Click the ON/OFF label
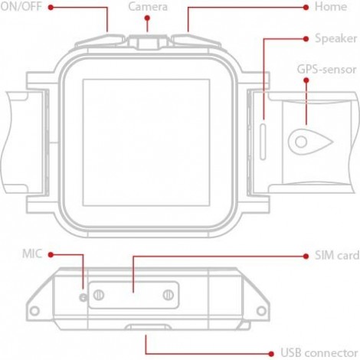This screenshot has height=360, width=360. (21, 6)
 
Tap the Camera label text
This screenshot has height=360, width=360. (148, 7)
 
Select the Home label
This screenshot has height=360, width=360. (331, 6)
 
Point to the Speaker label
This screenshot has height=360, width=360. (335, 38)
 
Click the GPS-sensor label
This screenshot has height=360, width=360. (326, 70)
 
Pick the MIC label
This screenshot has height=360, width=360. (32, 254)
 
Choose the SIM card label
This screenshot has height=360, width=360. (337, 255)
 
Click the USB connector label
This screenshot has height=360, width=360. (319, 353)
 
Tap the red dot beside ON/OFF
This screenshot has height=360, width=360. (51, 8)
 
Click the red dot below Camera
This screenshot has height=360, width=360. (147, 18)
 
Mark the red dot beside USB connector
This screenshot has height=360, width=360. (271, 354)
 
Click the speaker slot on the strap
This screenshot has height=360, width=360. (263, 142)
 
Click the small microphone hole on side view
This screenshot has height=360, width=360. (83, 297)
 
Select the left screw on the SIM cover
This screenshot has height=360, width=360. (98, 295)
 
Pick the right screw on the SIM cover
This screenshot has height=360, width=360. (169, 295)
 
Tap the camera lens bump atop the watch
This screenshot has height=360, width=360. (147, 42)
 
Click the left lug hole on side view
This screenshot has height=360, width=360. (34, 311)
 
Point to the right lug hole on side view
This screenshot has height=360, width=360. (261, 311)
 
